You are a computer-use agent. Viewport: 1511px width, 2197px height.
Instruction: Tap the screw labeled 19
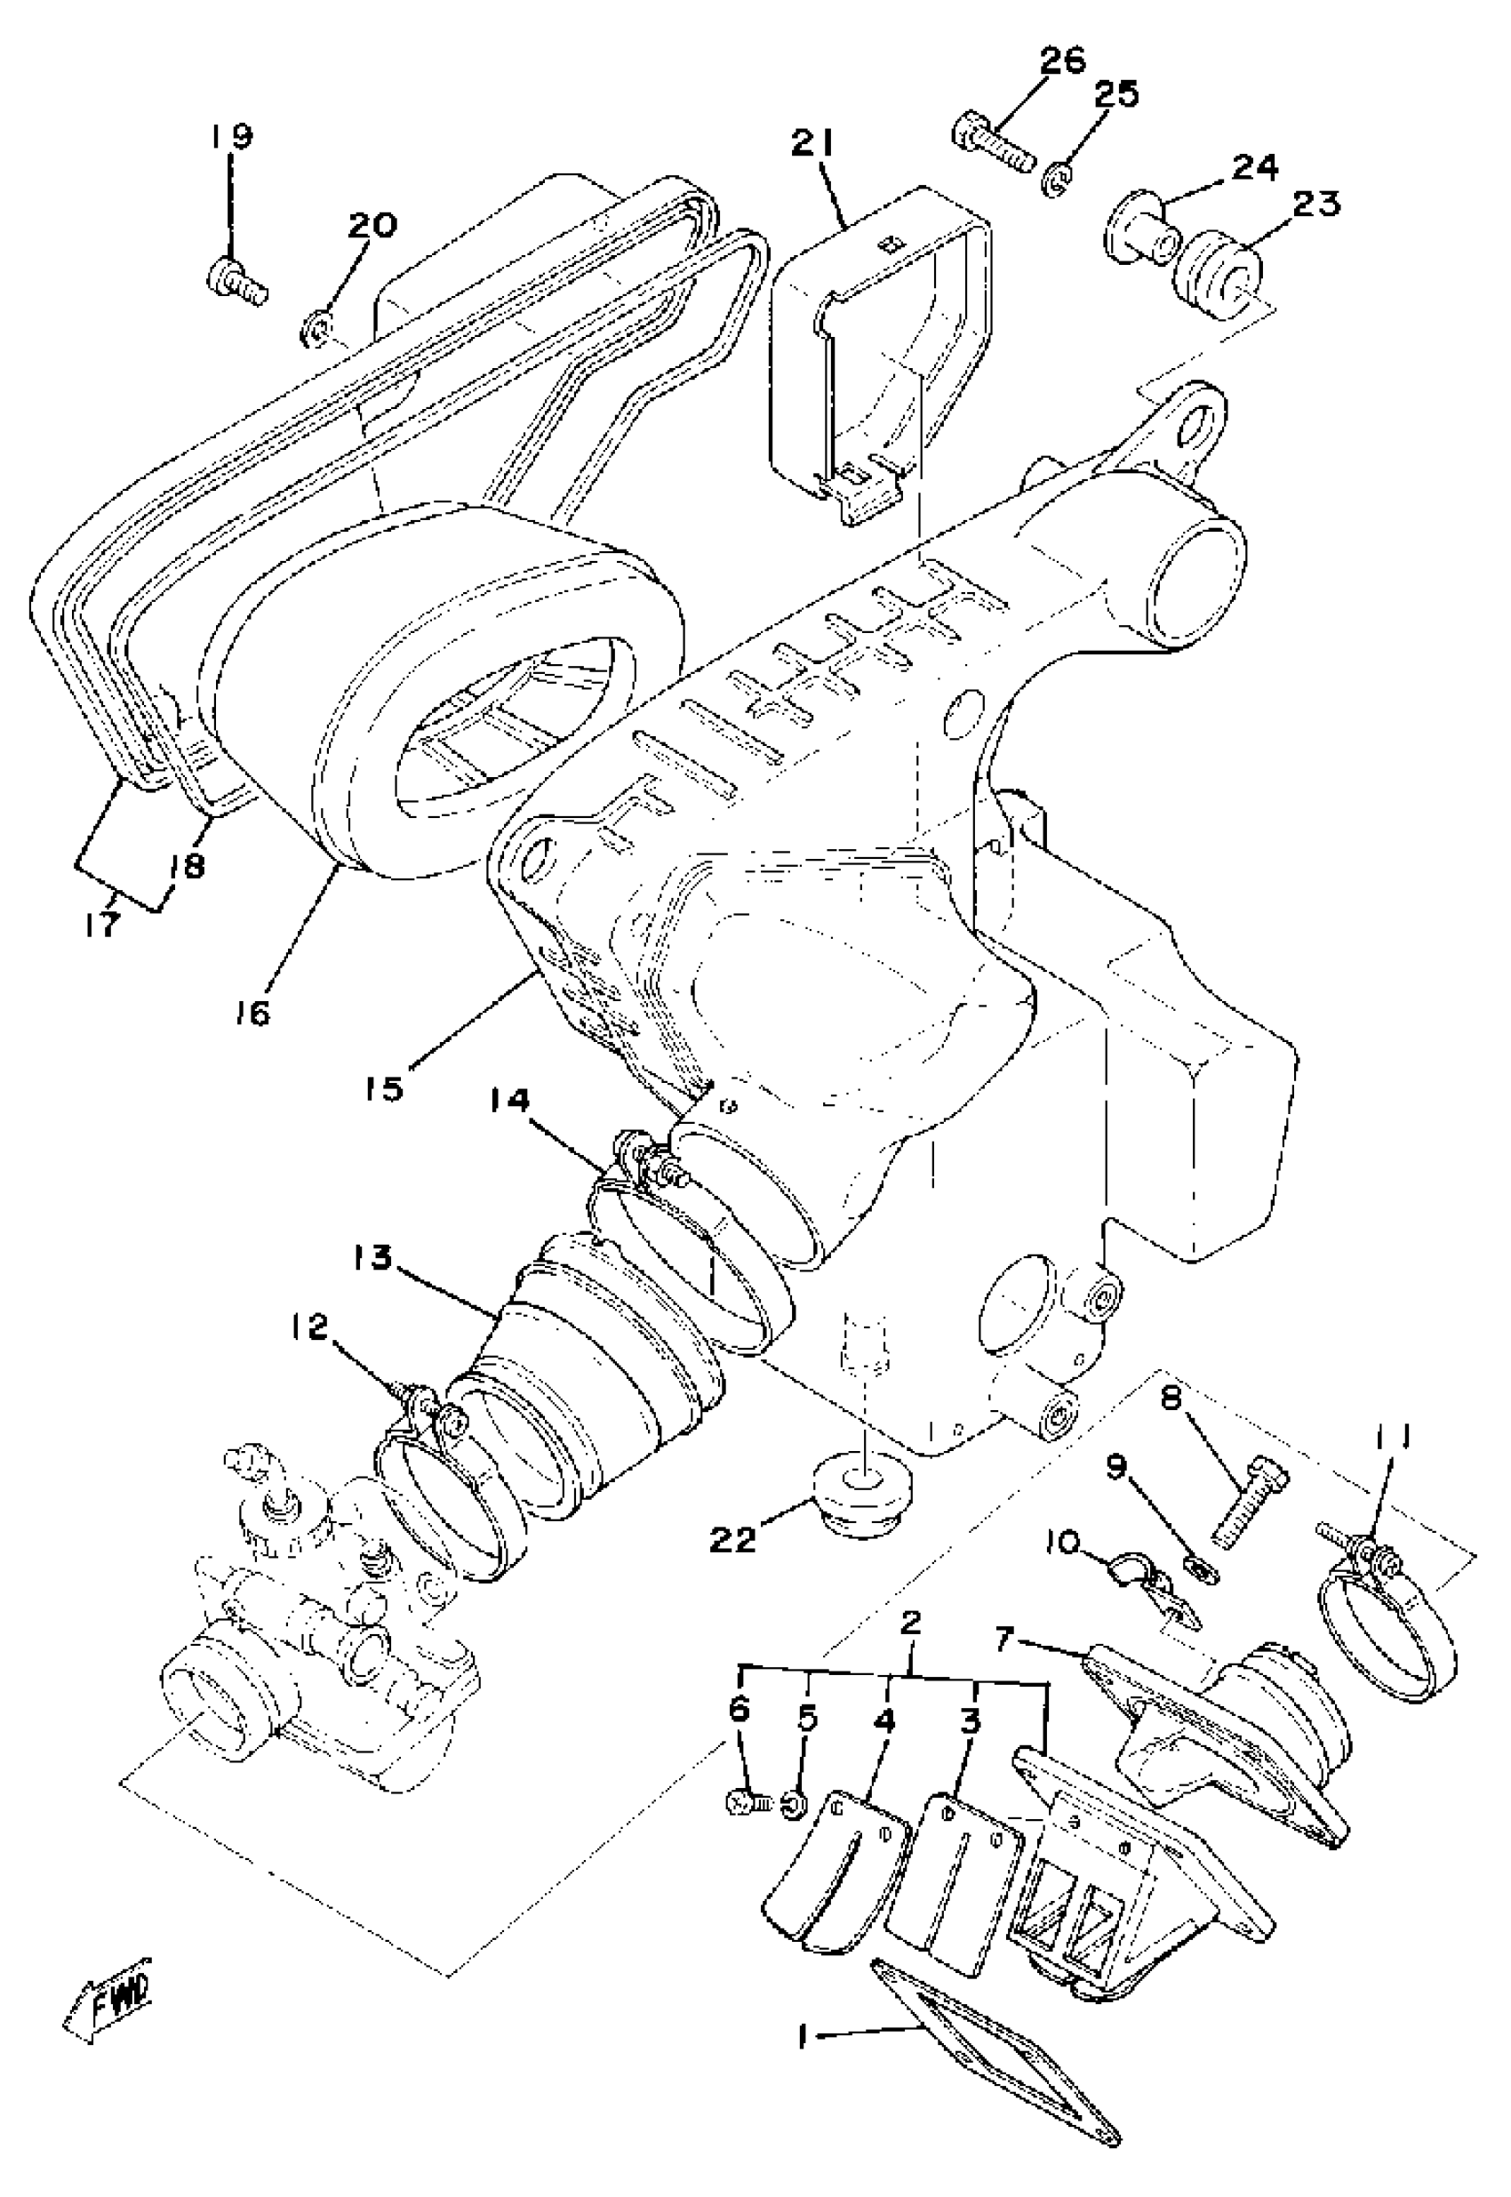pyautogui.click(x=236, y=282)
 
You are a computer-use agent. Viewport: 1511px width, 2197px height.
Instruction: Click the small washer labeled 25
pyautogui.click(x=1058, y=180)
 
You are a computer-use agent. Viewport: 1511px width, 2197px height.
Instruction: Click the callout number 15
pyautogui.click(x=386, y=1088)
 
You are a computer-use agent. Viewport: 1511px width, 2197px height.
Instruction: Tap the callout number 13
pyautogui.click(x=372, y=1257)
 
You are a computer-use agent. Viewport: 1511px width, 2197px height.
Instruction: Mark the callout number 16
pyautogui.click(x=253, y=1012)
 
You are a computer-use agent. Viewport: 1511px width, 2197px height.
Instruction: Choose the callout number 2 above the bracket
pyautogui.click(x=910, y=1624)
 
